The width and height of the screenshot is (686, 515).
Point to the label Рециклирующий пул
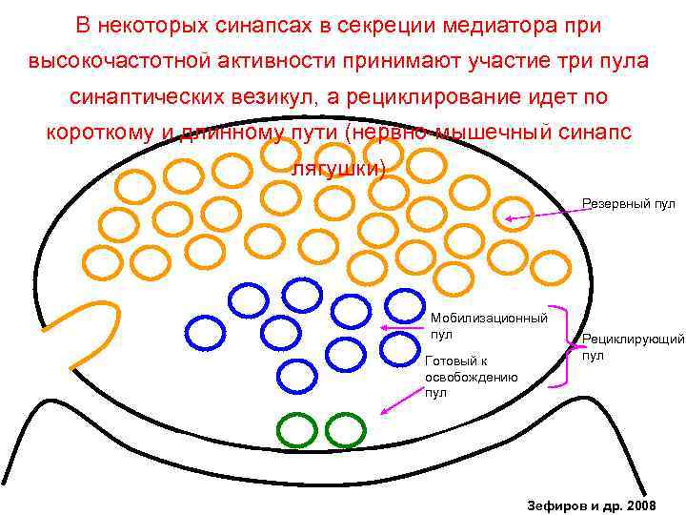pyautogui.click(x=633, y=347)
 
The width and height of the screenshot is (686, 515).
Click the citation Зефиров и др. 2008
pyautogui.click(x=591, y=503)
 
